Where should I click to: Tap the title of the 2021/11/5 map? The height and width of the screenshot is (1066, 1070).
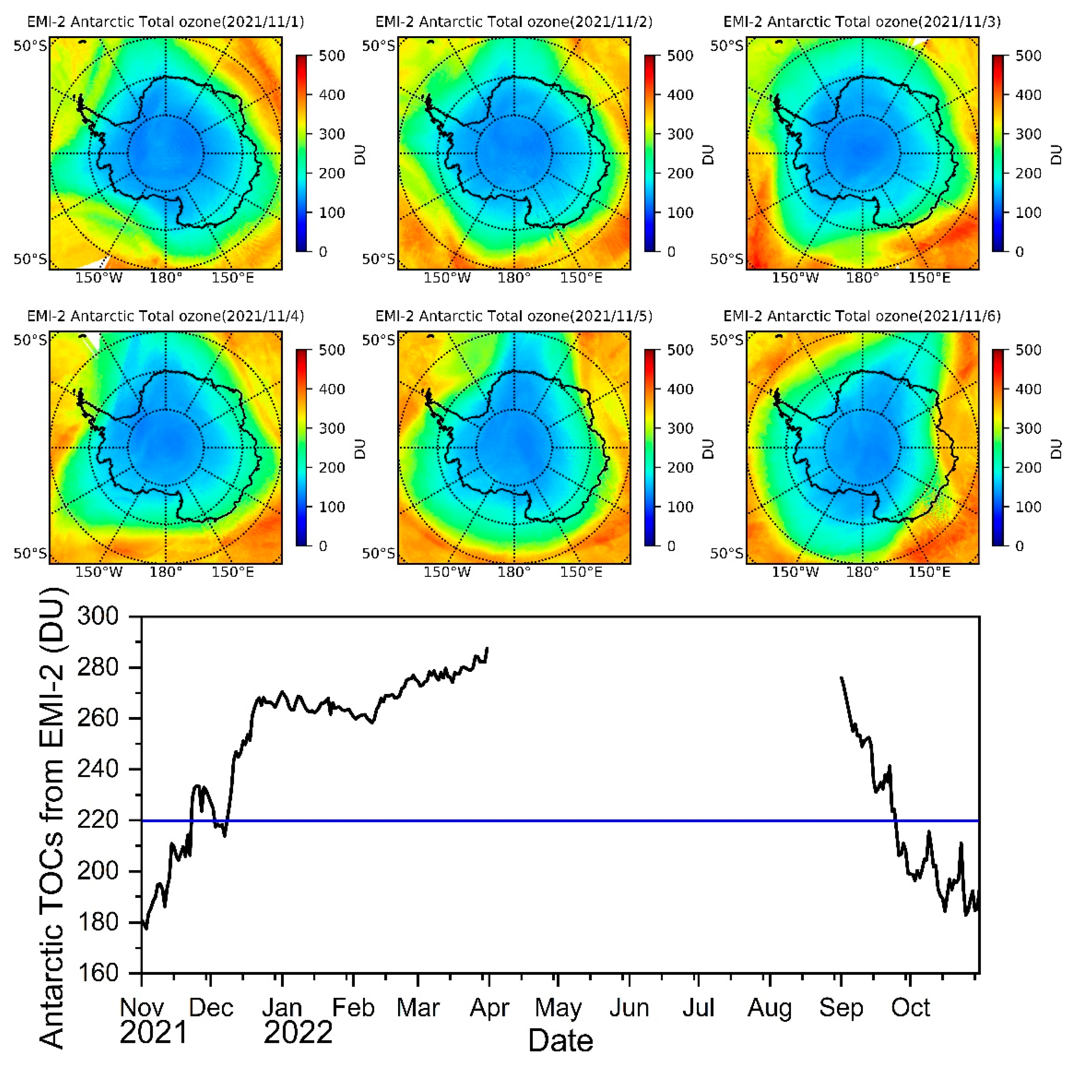[513, 316]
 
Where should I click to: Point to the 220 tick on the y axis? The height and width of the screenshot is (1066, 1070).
[98, 820]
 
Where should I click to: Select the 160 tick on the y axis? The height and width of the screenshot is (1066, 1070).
[98, 973]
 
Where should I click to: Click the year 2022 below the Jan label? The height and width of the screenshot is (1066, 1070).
[298, 1032]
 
